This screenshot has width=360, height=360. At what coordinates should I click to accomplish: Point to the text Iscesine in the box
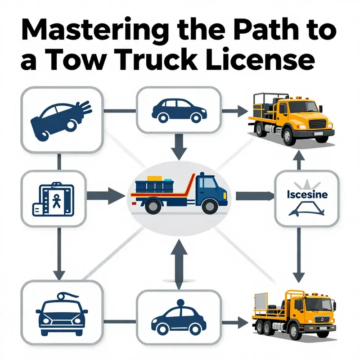click(x=306, y=195)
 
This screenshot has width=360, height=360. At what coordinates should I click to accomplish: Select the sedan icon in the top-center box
click(x=177, y=111)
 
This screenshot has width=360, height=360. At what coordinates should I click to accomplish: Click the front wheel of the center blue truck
click(x=209, y=207)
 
